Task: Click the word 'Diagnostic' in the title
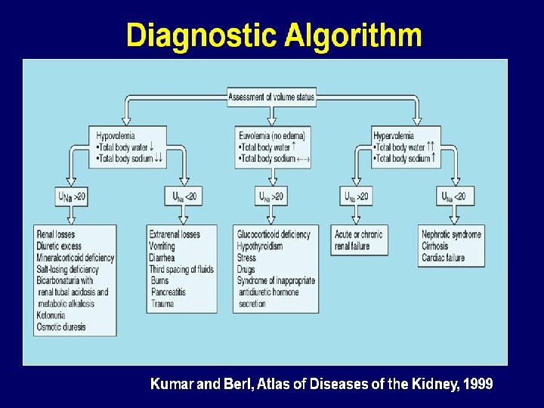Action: tap(200, 36)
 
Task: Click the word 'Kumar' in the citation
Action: tap(172, 385)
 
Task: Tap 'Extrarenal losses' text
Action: tap(175, 235)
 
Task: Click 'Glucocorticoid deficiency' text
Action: tap(274, 235)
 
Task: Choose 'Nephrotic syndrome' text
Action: tap(451, 235)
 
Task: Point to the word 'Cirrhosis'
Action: tap(435, 246)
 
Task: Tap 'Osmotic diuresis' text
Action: tap(61, 327)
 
